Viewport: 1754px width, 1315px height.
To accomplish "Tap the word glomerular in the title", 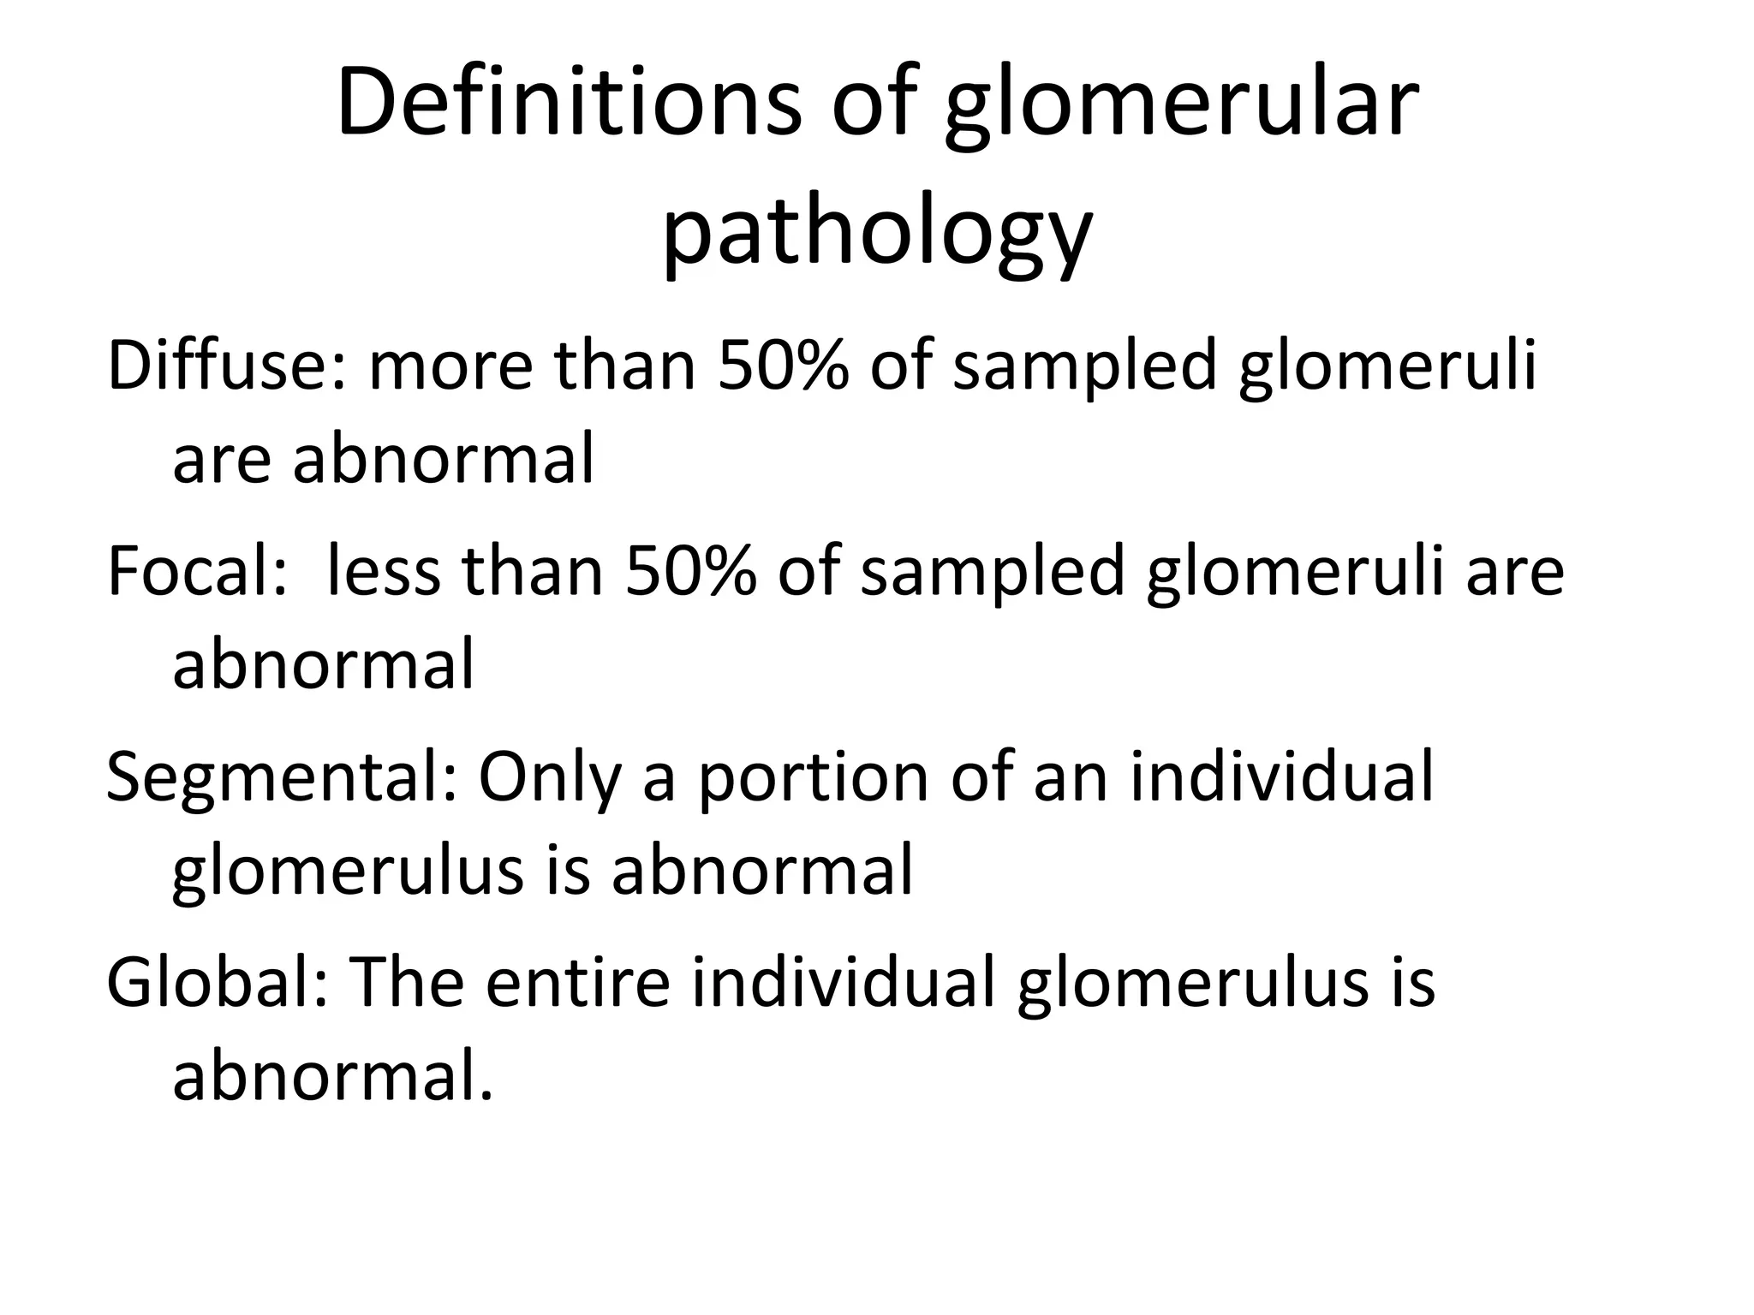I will (x=1182, y=108).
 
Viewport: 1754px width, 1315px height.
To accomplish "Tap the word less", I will (x=383, y=571).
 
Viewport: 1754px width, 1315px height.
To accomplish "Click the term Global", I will (x=218, y=982).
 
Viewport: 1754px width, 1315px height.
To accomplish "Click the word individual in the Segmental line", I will (x=1281, y=777).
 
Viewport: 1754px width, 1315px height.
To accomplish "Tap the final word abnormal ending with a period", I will (x=332, y=1076).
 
